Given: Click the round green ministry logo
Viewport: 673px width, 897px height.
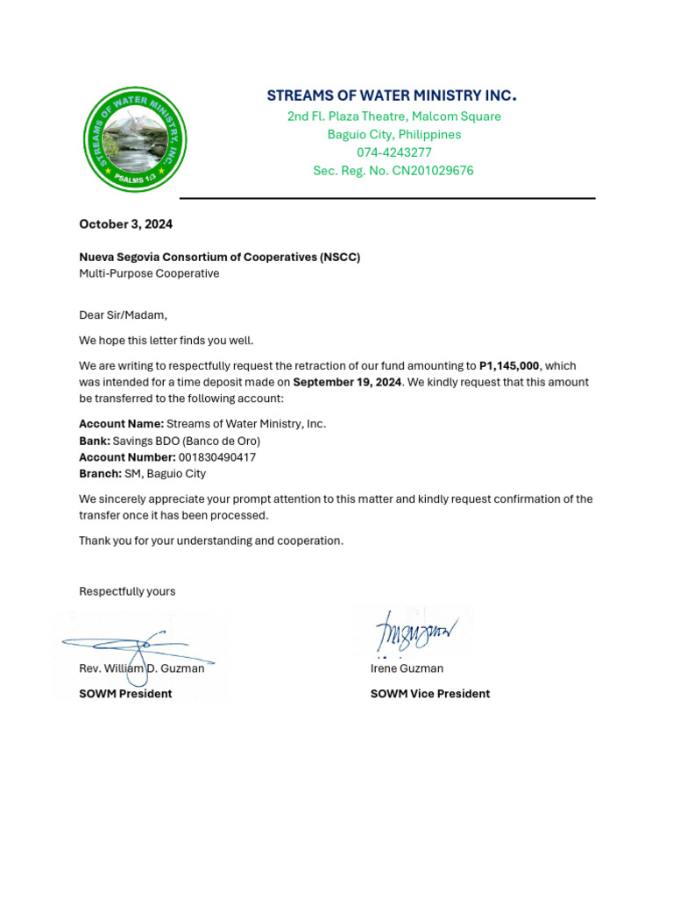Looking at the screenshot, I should [x=135, y=140].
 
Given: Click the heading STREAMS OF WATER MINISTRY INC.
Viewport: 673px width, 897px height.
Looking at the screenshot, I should [x=392, y=95].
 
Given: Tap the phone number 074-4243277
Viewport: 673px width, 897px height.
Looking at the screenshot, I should [x=393, y=152].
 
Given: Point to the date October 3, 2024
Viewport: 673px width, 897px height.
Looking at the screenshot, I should [x=126, y=224].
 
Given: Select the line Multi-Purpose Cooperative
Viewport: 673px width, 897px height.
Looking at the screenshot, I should [x=149, y=273].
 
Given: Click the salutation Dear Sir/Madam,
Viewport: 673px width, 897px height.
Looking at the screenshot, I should [x=123, y=315].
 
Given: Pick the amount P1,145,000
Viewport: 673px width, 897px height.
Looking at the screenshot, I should [x=509, y=366].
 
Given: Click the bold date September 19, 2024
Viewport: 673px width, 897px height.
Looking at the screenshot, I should [x=347, y=383].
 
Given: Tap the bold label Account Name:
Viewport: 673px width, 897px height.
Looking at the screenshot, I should [x=121, y=424].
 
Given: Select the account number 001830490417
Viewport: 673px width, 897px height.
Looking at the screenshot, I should [x=217, y=457].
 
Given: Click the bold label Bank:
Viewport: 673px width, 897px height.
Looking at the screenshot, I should [x=95, y=441].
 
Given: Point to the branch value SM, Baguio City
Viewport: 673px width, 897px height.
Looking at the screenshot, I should [x=166, y=474].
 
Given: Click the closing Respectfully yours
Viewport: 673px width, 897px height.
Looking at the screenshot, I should [x=127, y=591].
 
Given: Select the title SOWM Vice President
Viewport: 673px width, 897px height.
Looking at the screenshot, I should [x=429, y=694].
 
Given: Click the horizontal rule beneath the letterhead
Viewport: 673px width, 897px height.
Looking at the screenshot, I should [x=387, y=199].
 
